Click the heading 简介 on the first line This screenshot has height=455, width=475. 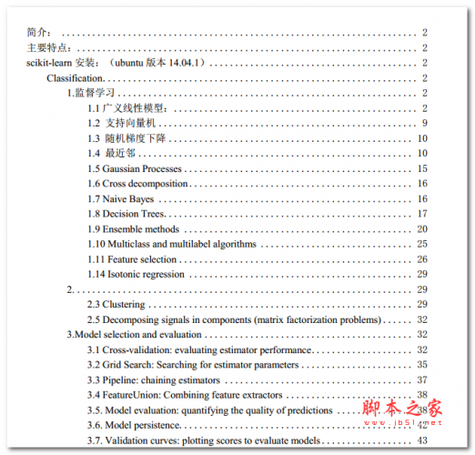point(40,33)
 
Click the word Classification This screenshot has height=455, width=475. point(75,78)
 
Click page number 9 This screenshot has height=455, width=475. point(424,124)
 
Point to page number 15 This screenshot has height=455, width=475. point(422,168)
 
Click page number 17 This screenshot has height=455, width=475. point(422,214)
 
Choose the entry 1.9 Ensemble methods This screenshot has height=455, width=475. point(133,228)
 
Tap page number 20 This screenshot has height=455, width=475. point(422,228)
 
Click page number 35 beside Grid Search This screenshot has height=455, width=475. point(422,364)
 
